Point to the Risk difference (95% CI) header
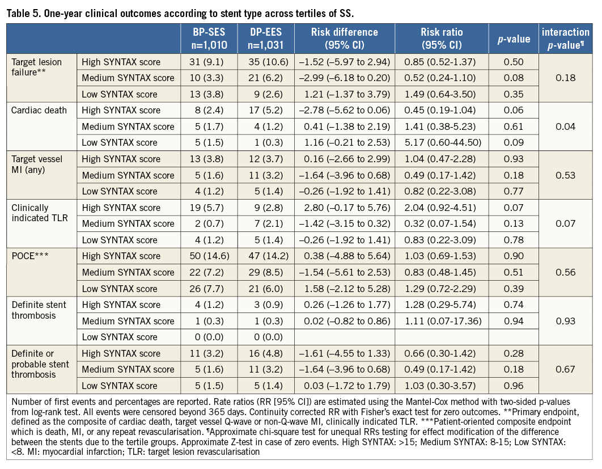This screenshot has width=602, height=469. (344, 39)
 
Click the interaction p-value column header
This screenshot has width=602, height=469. (567, 39)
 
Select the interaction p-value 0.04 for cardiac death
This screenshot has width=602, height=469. (567, 126)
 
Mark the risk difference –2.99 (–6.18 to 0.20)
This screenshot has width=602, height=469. (344, 78)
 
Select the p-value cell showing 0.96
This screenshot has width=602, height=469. (512, 386)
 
